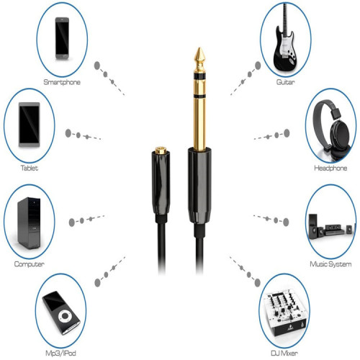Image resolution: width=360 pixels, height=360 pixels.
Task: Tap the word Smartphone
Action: (x=62, y=83)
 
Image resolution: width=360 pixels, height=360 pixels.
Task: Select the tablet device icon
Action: (x=30, y=125)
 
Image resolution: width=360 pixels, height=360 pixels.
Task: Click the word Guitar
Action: (x=286, y=83)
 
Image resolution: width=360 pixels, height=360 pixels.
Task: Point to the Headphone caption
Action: (x=330, y=168)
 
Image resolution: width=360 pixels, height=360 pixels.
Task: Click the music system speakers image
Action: (x=330, y=225)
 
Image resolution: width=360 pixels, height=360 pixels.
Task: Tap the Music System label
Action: (x=330, y=265)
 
